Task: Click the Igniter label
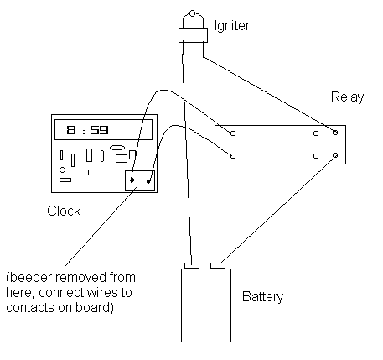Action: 231,26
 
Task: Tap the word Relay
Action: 347,97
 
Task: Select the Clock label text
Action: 64,211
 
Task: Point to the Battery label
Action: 262,297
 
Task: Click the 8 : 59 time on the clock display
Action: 87,130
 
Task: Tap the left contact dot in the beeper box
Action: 132,180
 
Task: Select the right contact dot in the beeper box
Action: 148,182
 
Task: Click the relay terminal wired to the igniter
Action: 335,133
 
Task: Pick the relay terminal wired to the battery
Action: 335,155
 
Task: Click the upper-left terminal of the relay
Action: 233,133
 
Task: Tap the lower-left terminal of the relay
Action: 233,156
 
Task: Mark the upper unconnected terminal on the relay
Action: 316,133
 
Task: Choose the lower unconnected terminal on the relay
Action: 316,156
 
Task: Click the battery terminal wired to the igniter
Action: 192,265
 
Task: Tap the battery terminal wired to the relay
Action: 218,265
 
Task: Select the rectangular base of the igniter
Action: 193,35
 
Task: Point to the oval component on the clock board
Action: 117,148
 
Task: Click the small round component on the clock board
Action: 62,170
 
